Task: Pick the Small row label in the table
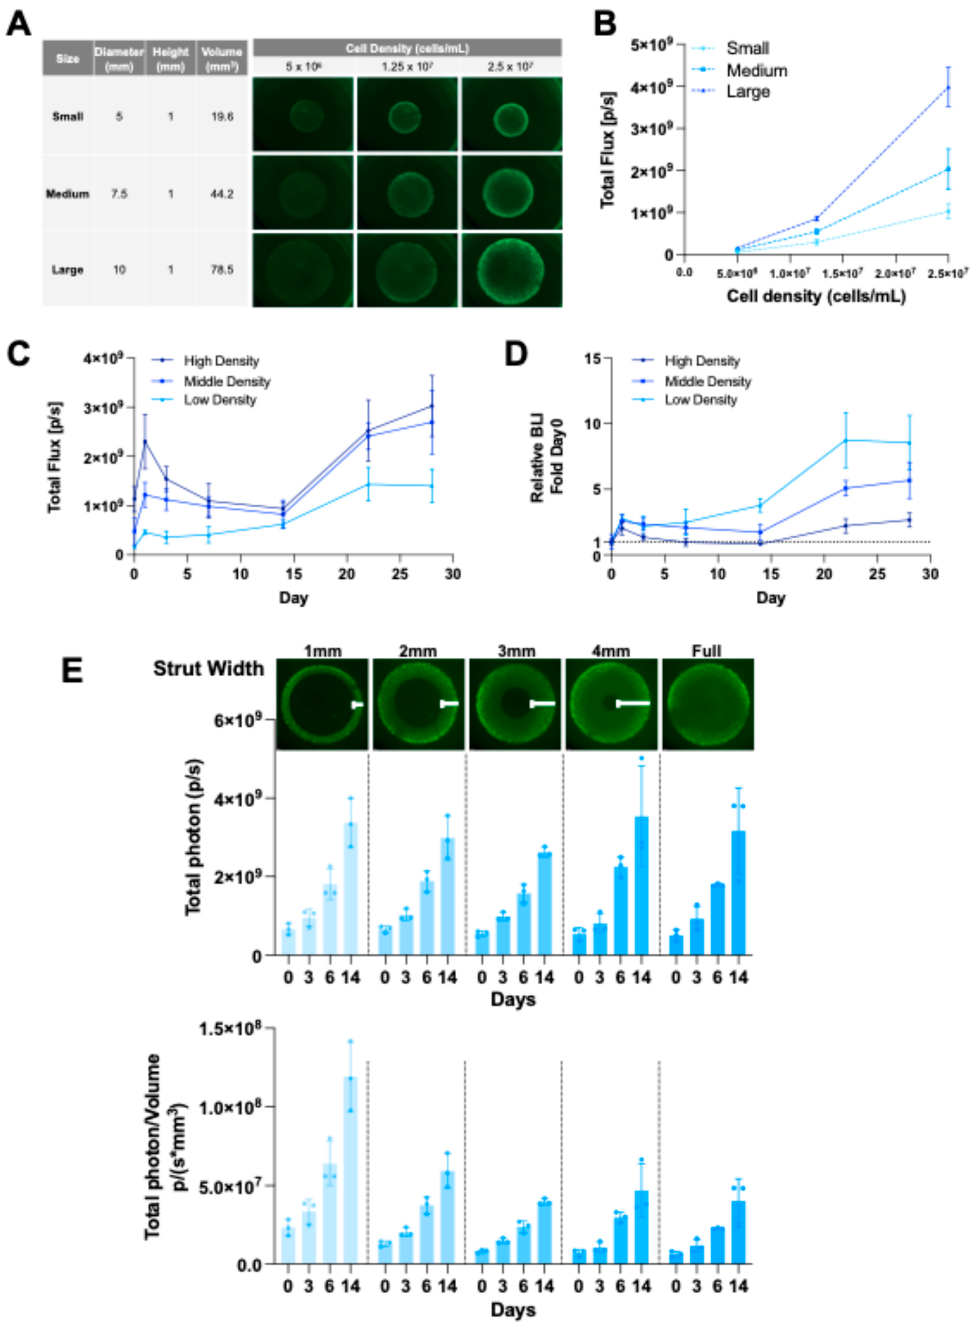coord(67,116)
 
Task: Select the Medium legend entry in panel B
coord(756,70)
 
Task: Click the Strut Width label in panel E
coord(208,669)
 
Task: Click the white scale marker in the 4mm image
coord(633,704)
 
